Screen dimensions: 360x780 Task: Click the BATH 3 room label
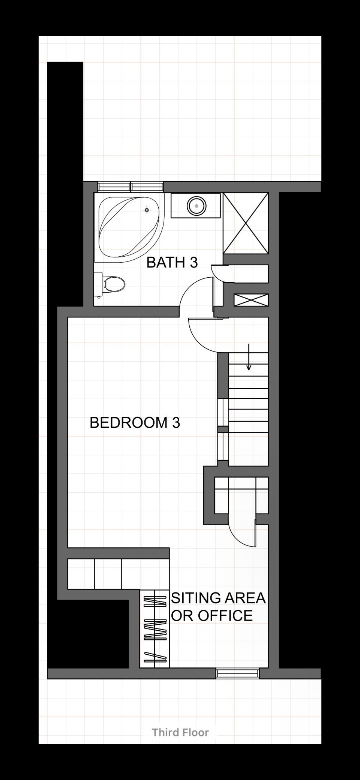tap(172, 262)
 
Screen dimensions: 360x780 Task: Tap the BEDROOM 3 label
tap(135, 422)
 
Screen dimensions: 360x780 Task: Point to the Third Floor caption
tap(180, 732)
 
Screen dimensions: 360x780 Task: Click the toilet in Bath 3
tap(109, 284)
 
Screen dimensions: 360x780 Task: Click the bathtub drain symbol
tap(147, 210)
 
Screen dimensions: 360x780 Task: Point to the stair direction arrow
tap(249, 356)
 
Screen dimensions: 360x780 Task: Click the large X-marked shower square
tap(246, 223)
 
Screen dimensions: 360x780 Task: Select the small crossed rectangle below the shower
tap(251, 300)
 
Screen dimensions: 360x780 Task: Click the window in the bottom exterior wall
tap(238, 673)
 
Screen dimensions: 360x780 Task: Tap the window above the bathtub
tap(130, 186)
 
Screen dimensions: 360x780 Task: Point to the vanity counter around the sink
tap(196, 206)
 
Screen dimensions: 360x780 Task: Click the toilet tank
tap(98, 284)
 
